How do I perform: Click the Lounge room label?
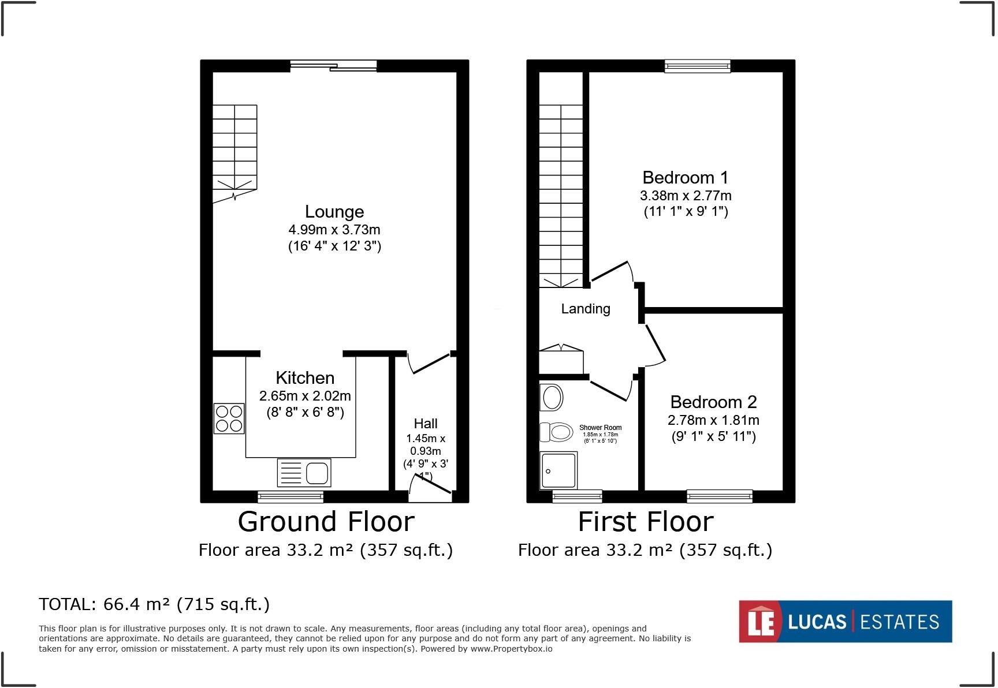[334, 212]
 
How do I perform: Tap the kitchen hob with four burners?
[229, 418]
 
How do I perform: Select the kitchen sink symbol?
[304, 473]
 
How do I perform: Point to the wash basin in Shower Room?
[552, 397]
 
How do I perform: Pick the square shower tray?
[558, 470]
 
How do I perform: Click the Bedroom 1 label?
[685, 177]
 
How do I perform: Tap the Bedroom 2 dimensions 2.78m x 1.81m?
[713, 420]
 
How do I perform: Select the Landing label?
[586, 309]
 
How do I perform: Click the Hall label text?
[426, 424]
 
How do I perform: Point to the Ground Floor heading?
[326, 522]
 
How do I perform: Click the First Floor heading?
[646, 522]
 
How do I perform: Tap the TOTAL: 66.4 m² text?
[154, 604]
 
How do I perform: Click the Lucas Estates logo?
[845, 622]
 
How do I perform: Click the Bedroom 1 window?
[697, 66]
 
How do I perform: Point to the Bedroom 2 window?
[720, 496]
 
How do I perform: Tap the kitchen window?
[290, 496]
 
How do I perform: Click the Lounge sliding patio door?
[333, 66]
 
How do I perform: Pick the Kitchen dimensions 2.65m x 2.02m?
[305, 396]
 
